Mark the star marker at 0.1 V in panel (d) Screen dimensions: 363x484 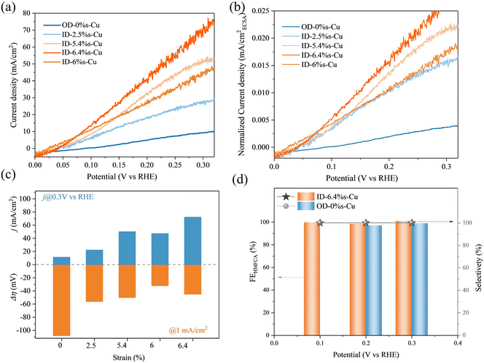point(320,222)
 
